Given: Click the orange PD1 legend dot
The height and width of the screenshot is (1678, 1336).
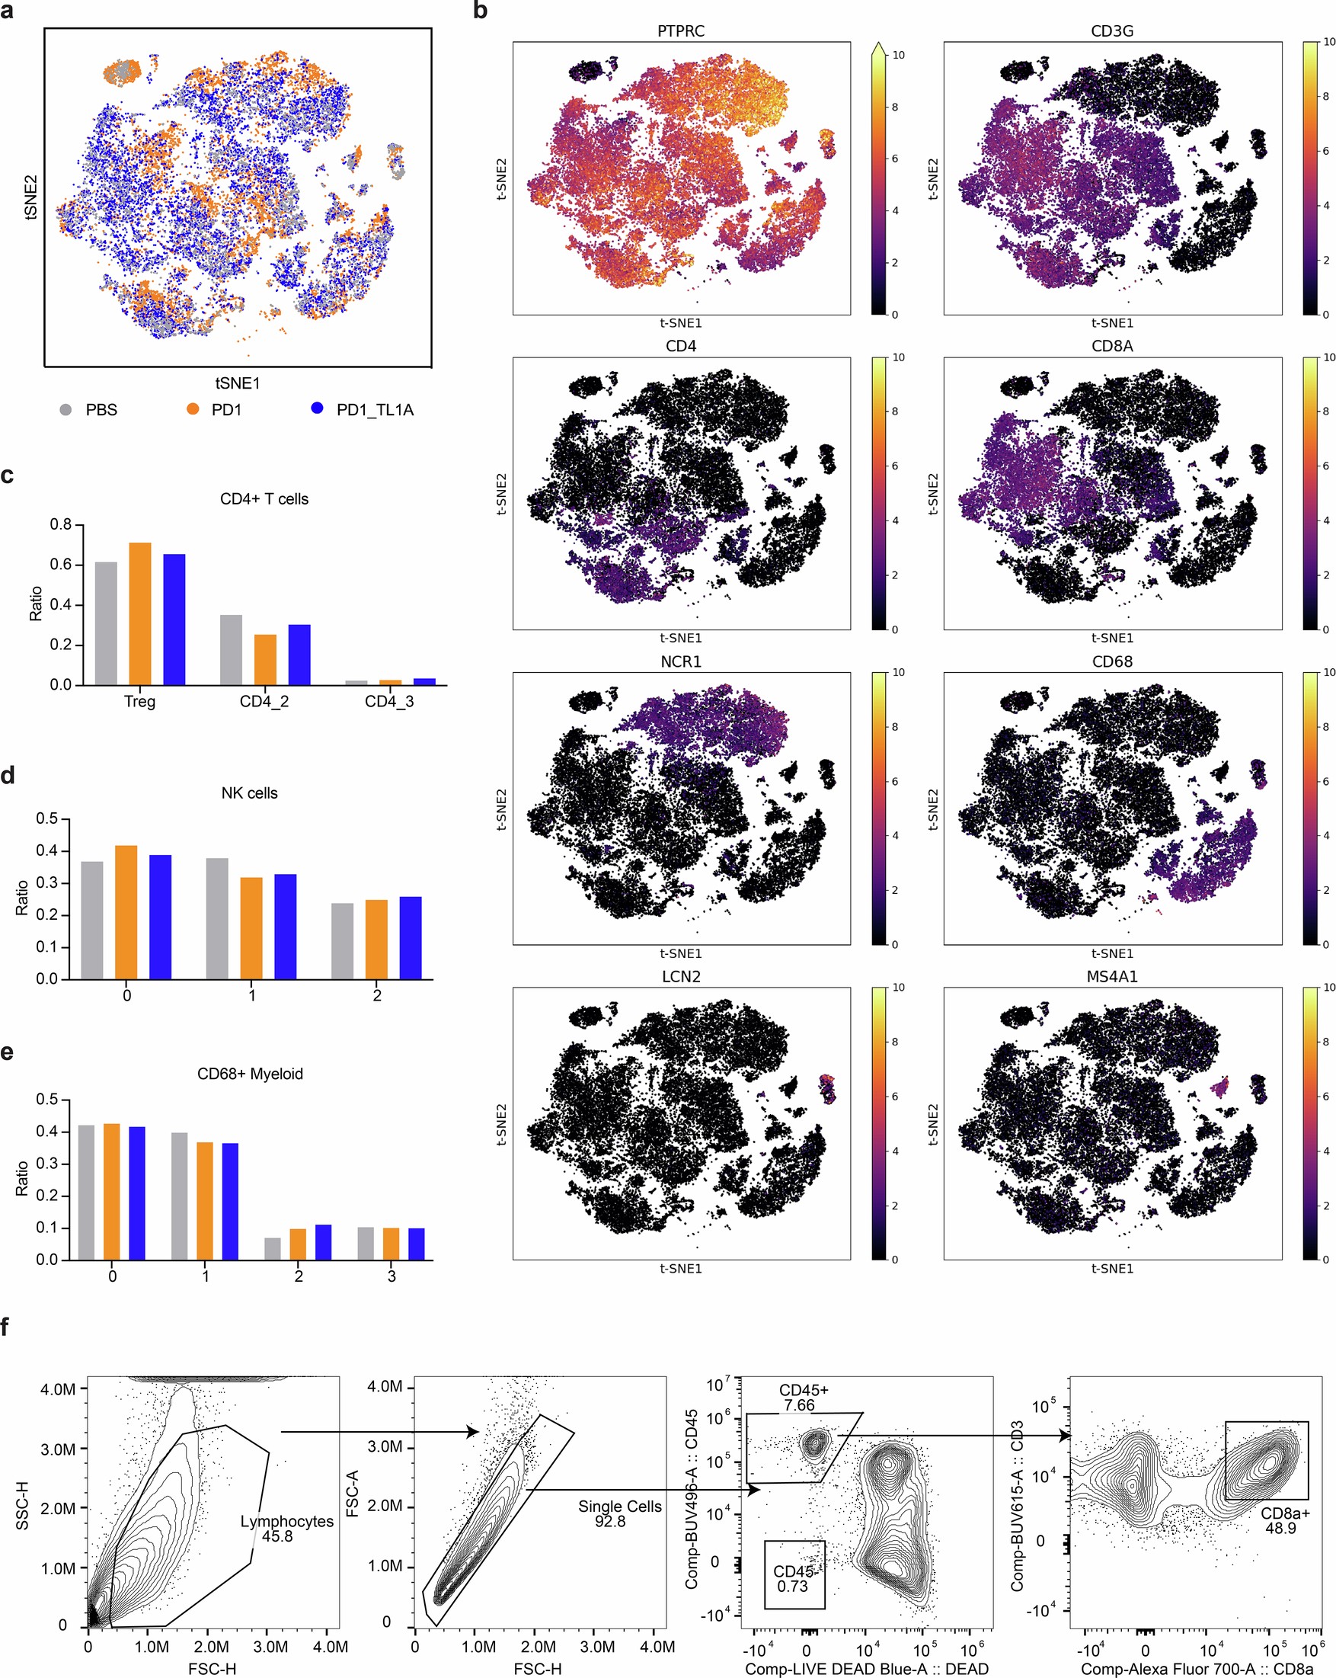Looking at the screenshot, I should pos(193,408).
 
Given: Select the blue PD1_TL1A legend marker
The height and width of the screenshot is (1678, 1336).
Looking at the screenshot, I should pos(317,408).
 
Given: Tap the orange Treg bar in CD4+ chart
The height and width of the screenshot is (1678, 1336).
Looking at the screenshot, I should pos(140,613).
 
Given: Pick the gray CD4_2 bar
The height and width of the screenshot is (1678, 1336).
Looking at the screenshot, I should pos(231,650).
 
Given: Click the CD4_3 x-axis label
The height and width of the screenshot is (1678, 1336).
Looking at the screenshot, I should pos(389,701).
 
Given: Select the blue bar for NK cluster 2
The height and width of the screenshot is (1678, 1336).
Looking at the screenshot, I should pos(411,938).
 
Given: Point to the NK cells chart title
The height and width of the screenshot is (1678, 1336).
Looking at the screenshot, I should pos(249,793).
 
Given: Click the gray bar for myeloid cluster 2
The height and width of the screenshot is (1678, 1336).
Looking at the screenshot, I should pos(273,1249).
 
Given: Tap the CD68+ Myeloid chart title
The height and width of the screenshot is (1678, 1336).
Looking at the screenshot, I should pos(250,1074).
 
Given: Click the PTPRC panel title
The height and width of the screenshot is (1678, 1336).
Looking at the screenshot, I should pos(681,31).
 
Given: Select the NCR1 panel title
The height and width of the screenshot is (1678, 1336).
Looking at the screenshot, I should pos(681,661).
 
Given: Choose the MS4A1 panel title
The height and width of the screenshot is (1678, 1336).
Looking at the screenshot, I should pos(1112,977).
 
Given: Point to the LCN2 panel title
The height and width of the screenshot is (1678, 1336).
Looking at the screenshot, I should pos(681,977).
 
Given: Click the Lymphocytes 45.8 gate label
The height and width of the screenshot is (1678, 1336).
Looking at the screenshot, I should pos(286,1529).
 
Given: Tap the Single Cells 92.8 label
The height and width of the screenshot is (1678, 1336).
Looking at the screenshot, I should pos(619,1513).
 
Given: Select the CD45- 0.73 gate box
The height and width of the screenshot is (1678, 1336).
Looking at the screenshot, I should pos(794,1575).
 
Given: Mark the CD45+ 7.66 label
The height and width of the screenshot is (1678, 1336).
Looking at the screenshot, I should pos(803,1398).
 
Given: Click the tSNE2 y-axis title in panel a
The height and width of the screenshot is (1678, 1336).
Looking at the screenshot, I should pos(31,197).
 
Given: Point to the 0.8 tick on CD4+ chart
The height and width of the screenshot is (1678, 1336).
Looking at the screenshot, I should pos(61,524).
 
